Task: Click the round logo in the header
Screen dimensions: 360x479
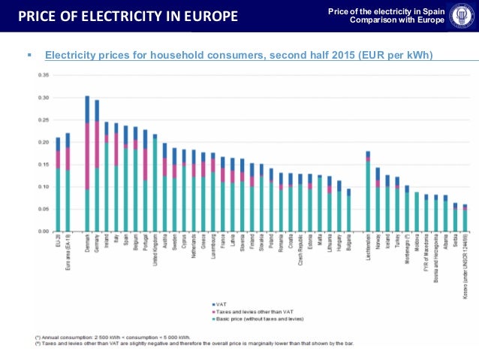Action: pyautogui.click(x=460, y=16)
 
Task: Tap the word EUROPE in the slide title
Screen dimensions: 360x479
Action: pyautogui.click(x=212, y=16)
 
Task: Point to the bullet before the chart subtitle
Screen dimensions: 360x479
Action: pyautogui.click(x=28, y=56)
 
